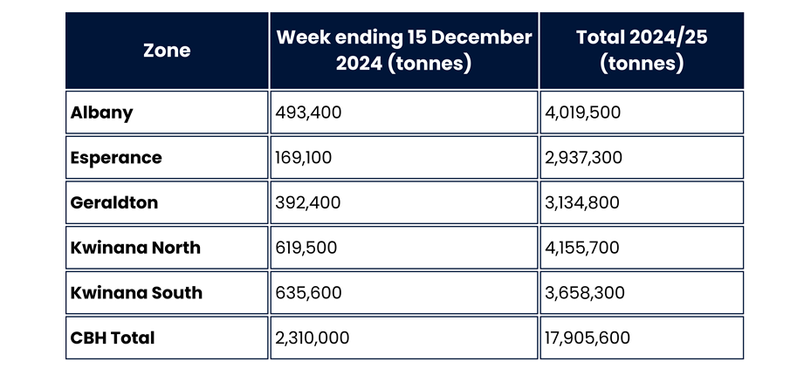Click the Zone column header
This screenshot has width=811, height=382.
[167, 51]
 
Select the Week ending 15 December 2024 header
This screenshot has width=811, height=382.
[403, 51]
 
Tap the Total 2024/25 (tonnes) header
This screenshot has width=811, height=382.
[642, 51]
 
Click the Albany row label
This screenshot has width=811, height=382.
[102, 113]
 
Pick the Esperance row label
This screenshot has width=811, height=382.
[116, 158]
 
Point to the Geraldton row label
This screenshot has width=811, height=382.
[114, 202]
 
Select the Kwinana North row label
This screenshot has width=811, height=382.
[135, 248]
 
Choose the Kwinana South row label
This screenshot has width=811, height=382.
[136, 293]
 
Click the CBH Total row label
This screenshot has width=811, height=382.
[113, 338]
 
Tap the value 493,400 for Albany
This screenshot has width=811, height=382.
[307, 113]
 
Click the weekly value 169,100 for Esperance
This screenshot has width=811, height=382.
[304, 158]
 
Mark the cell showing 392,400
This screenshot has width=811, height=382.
[307, 202]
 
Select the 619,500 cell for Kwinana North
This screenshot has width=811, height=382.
[306, 248]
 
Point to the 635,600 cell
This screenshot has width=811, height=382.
[308, 293]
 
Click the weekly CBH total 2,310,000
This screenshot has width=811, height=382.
[313, 338]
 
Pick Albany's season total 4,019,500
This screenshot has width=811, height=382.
[583, 113]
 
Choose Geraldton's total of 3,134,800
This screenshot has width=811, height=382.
[582, 202]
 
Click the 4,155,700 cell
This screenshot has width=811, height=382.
[582, 248]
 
